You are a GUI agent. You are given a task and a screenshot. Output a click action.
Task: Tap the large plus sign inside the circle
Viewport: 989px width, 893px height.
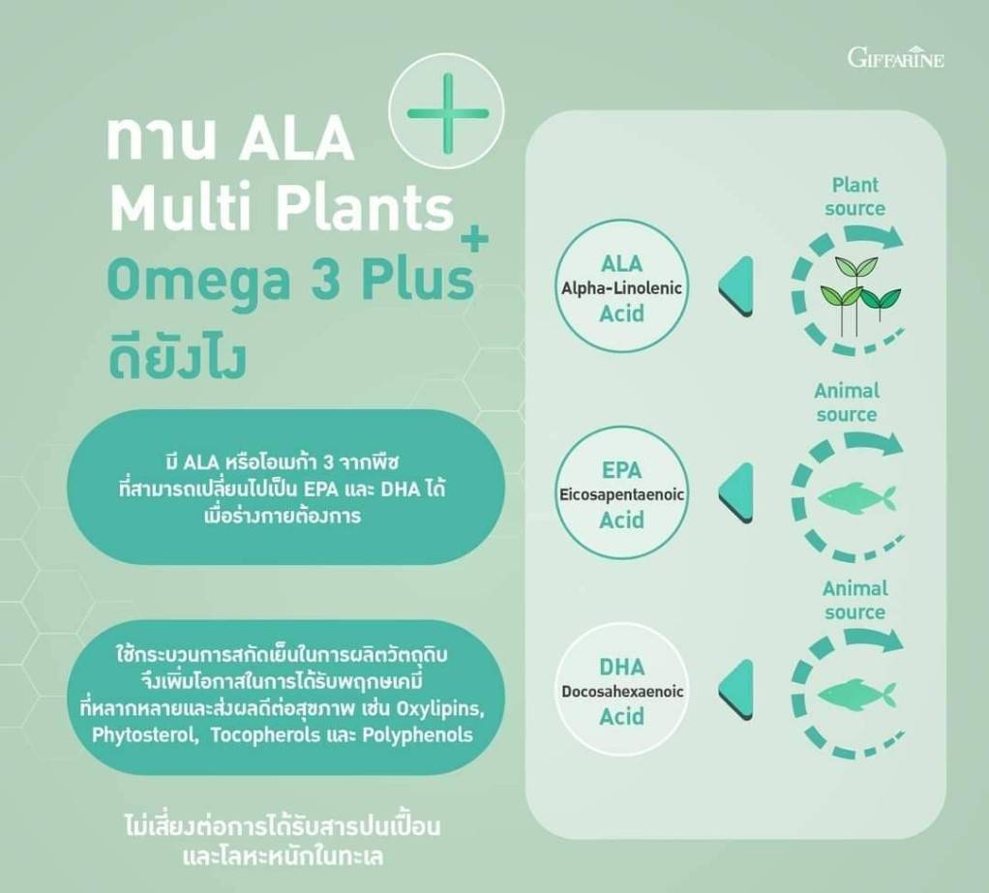pos(448,113)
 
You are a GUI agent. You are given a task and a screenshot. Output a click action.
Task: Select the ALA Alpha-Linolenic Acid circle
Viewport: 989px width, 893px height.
pos(621,289)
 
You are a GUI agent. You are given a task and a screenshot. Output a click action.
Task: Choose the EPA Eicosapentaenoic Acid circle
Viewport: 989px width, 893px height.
pos(621,495)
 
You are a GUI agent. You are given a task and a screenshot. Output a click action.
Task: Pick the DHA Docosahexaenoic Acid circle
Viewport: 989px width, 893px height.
pos(621,692)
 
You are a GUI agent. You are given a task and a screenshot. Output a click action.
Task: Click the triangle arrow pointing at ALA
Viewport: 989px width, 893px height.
pos(736,287)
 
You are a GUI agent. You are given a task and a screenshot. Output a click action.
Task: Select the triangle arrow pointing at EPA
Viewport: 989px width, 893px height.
pos(736,493)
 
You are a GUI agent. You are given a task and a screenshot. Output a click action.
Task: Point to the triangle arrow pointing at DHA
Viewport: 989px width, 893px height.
pos(736,691)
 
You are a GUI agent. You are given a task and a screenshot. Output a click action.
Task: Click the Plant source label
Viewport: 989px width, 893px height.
pos(854,196)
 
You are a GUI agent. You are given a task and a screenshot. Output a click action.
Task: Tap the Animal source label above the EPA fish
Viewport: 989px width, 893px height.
pos(847,402)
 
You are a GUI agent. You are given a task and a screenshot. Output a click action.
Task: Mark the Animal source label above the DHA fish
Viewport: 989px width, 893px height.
pos(854,601)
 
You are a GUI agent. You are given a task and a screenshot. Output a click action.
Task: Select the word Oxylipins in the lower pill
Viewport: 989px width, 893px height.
pos(441,709)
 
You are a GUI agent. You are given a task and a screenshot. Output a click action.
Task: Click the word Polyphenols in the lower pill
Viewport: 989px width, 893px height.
pos(417,735)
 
